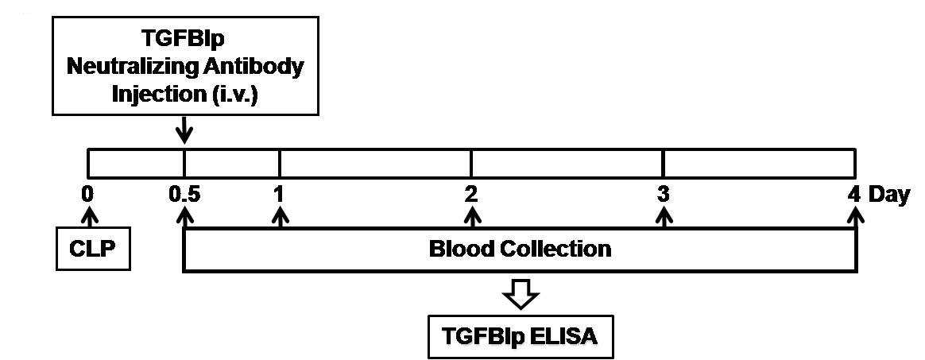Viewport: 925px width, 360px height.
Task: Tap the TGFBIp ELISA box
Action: [521, 337]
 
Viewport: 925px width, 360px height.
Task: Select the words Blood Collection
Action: [520, 249]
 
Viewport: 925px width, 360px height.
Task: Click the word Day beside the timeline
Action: [888, 195]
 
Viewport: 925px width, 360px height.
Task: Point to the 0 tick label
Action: [88, 195]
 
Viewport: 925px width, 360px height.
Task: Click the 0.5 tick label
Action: [184, 195]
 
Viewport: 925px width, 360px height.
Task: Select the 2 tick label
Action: [470, 195]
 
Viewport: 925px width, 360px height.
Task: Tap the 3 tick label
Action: [664, 195]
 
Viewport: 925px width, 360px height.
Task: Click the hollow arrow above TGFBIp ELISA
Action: [521, 293]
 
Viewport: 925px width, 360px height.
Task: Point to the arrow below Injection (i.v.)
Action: [184, 130]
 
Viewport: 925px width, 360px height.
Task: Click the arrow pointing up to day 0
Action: [88, 219]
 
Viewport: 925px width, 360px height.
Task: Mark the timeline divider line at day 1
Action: [280, 164]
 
